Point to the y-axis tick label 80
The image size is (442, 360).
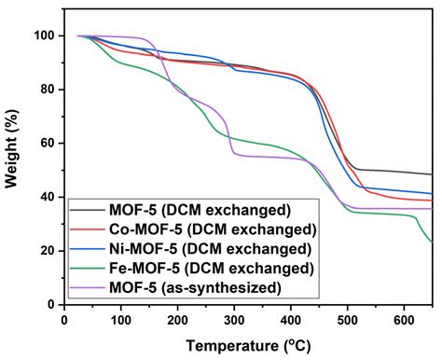coord(43,90)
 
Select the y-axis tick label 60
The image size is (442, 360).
coord(43,144)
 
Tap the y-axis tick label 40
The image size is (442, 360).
coord(43,197)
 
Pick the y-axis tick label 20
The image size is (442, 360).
coord(43,251)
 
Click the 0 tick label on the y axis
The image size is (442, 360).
coord(47,304)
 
